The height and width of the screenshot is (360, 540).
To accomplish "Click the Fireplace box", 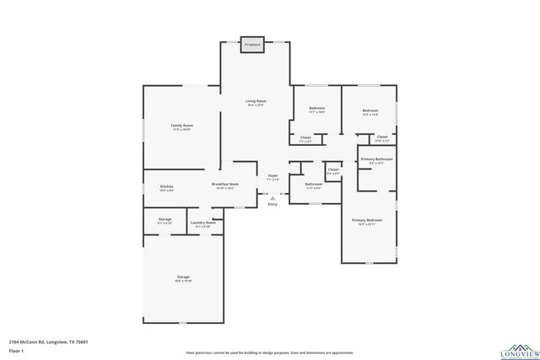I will click(x=252, y=45).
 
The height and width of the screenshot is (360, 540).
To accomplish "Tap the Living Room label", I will click(x=256, y=102).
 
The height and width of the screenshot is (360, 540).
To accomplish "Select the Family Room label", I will click(x=182, y=126).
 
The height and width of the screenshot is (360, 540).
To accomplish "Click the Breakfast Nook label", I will click(x=225, y=184).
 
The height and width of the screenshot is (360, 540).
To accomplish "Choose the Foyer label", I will click(x=273, y=175).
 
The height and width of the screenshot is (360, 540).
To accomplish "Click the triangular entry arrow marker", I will click(x=272, y=197).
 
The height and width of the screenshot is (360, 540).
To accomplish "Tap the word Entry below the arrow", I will click(x=272, y=204).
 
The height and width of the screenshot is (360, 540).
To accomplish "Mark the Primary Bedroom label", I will click(x=367, y=220).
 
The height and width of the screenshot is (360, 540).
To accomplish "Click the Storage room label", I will click(x=165, y=219).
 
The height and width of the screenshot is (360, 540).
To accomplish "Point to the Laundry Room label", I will click(x=203, y=223).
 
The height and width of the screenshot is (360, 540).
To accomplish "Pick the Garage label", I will click(x=183, y=277).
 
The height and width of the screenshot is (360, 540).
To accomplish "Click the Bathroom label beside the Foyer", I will click(x=313, y=184).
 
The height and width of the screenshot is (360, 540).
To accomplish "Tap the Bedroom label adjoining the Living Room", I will click(x=316, y=109).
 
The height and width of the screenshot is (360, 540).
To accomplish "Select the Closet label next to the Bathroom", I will click(x=333, y=169).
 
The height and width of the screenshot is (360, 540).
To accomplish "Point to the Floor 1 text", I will click(x=16, y=350).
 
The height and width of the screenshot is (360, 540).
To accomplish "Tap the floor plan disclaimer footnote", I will click(x=270, y=352).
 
